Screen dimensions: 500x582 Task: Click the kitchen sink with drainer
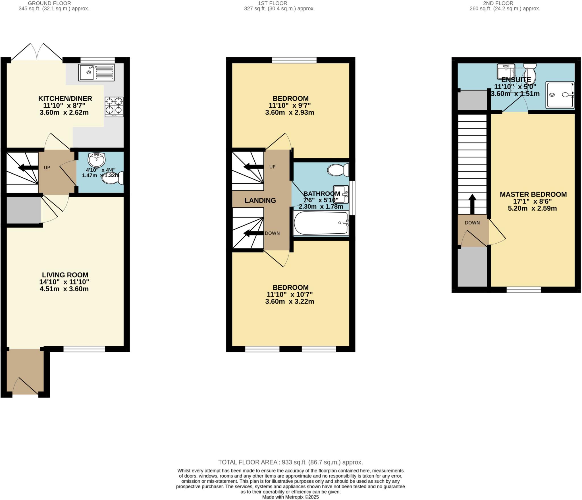96,72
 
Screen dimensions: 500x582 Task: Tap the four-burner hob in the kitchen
114,107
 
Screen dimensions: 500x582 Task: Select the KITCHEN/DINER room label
65,99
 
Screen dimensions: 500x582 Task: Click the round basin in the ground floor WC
97,160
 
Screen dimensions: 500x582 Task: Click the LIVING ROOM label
65,275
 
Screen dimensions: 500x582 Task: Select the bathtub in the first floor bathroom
321,223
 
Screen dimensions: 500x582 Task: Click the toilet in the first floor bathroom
338,170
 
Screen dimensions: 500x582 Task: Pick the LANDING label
260,200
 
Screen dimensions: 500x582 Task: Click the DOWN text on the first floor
272,233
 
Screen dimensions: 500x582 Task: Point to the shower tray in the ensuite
560,95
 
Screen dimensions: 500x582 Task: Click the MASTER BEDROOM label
533,194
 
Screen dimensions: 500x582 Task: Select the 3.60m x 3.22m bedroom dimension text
289,301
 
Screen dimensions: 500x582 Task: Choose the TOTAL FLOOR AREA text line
290,462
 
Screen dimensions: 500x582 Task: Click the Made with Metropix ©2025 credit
290,497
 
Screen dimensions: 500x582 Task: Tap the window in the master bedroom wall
523,289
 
